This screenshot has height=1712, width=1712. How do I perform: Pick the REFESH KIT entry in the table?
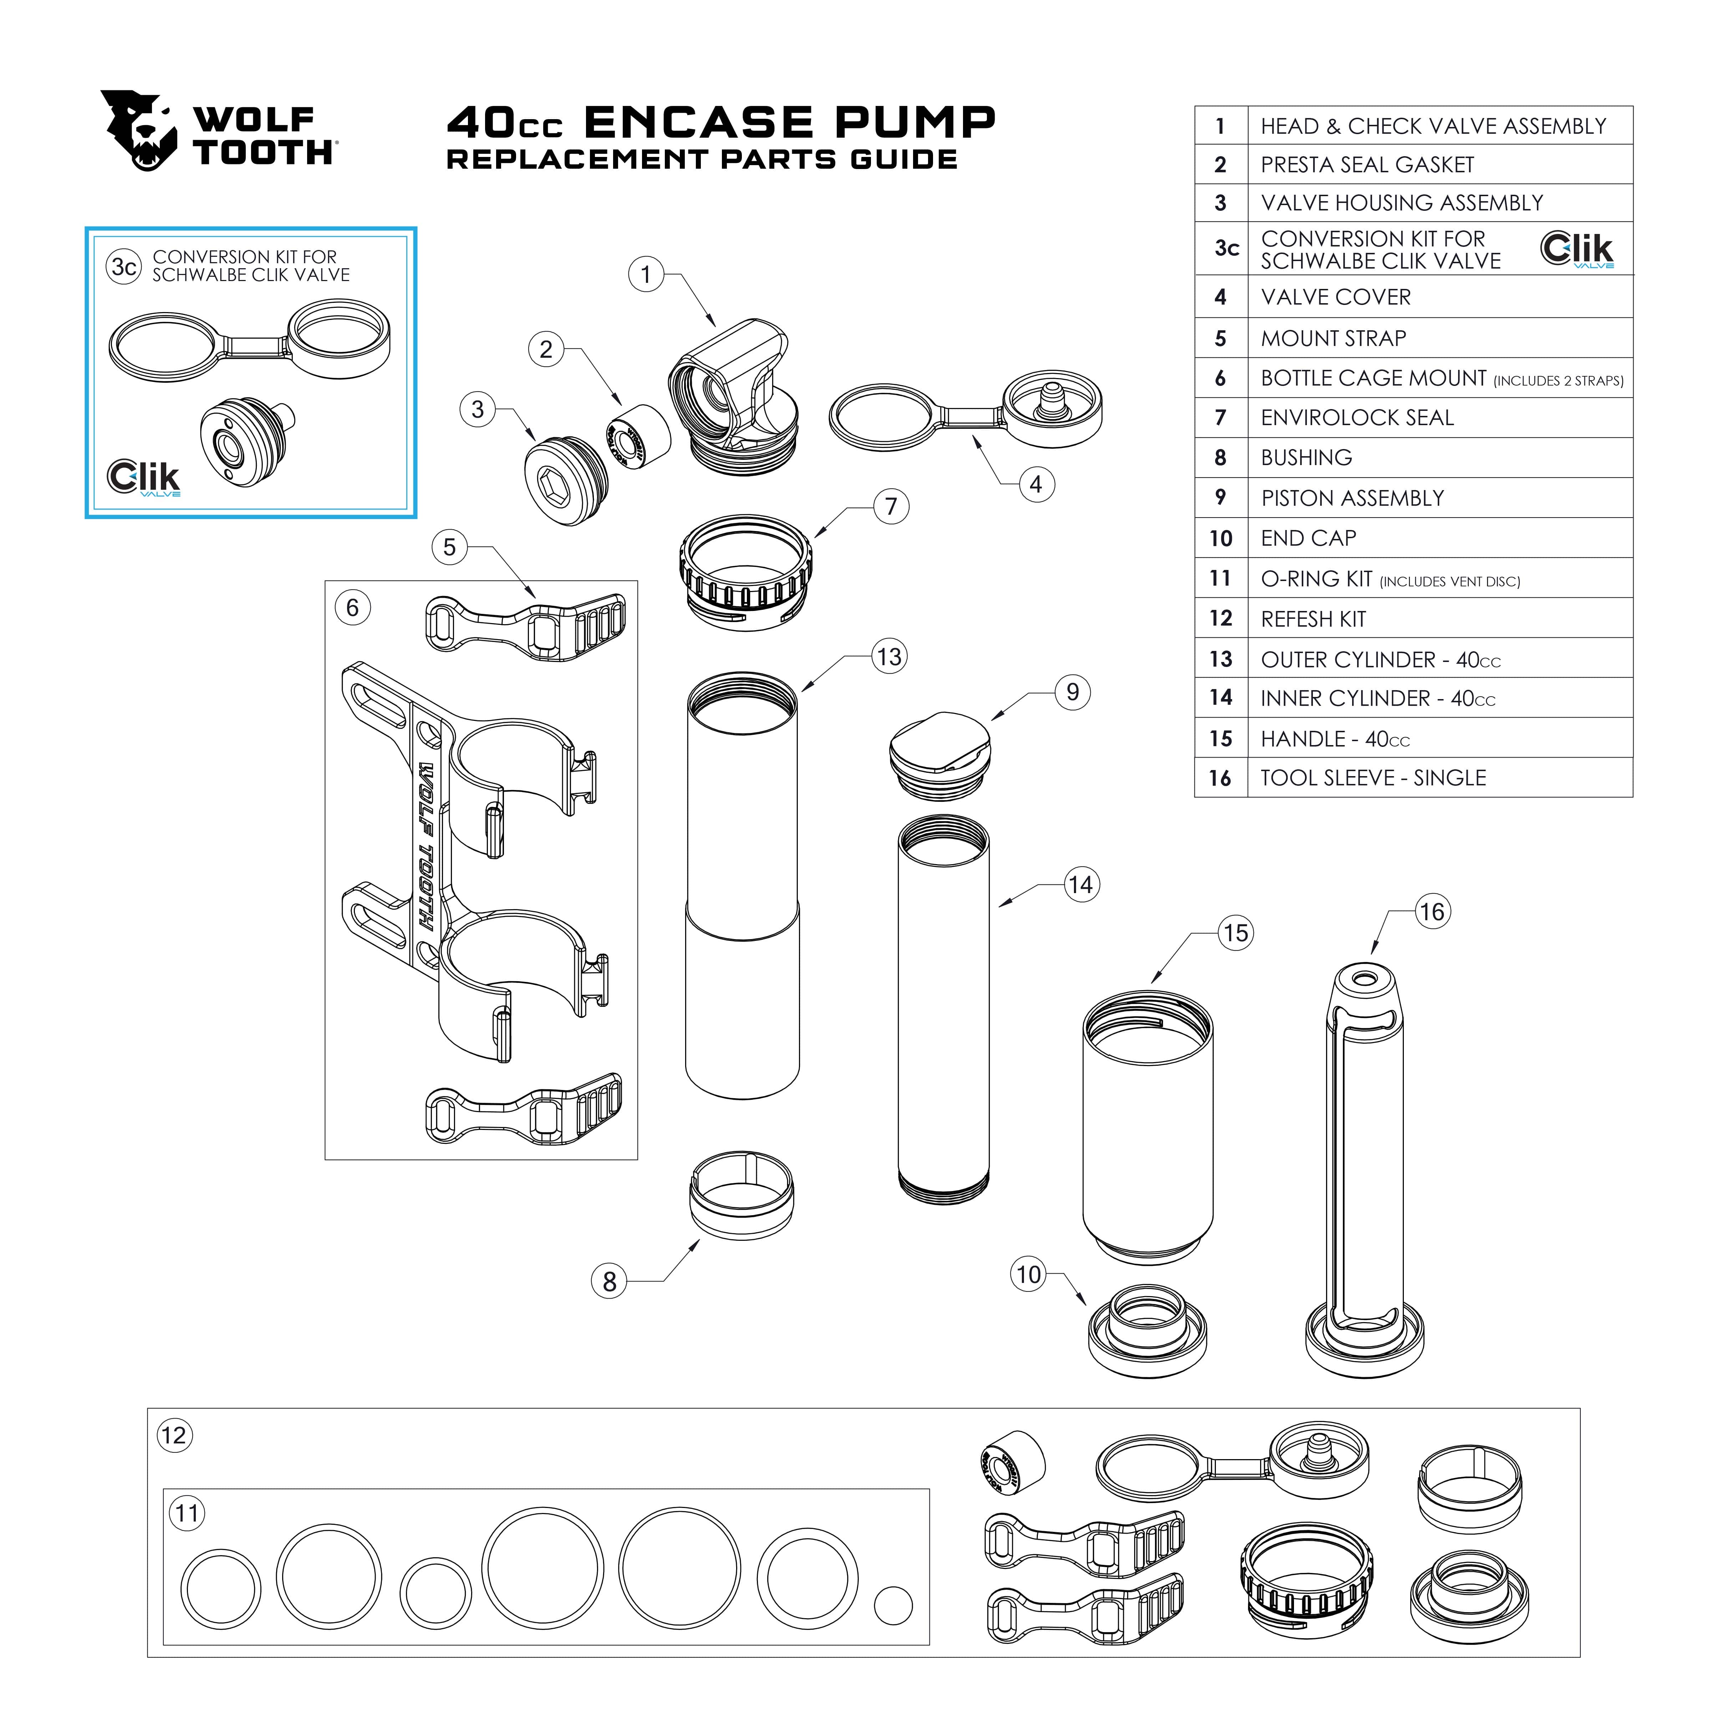point(1313,618)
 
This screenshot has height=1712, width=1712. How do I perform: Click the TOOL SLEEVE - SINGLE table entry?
point(1372,778)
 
